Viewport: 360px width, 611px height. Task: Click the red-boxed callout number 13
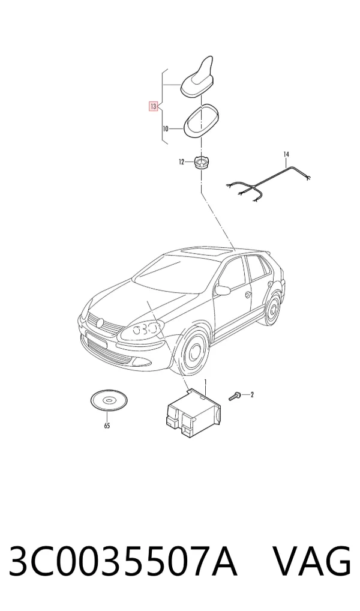point(153,106)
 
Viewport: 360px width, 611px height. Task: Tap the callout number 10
point(165,128)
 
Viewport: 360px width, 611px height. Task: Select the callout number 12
point(181,162)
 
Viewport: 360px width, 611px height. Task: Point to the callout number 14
point(286,155)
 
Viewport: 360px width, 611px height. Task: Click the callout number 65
point(107,426)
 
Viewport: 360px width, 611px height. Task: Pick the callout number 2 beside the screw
point(252,395)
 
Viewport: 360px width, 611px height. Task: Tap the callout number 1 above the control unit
point(205,382)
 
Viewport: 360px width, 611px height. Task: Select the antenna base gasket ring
point(202,121)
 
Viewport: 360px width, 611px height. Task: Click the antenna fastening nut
point(201,161)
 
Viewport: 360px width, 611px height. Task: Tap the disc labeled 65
point(109,400)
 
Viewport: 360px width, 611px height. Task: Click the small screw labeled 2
point(234,397)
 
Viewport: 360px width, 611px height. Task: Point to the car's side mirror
point(223,289)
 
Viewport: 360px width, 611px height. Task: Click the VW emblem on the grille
point(101,323)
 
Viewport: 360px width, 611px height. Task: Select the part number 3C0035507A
point(123,561)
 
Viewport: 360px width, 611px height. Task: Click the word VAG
point(311,561)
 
